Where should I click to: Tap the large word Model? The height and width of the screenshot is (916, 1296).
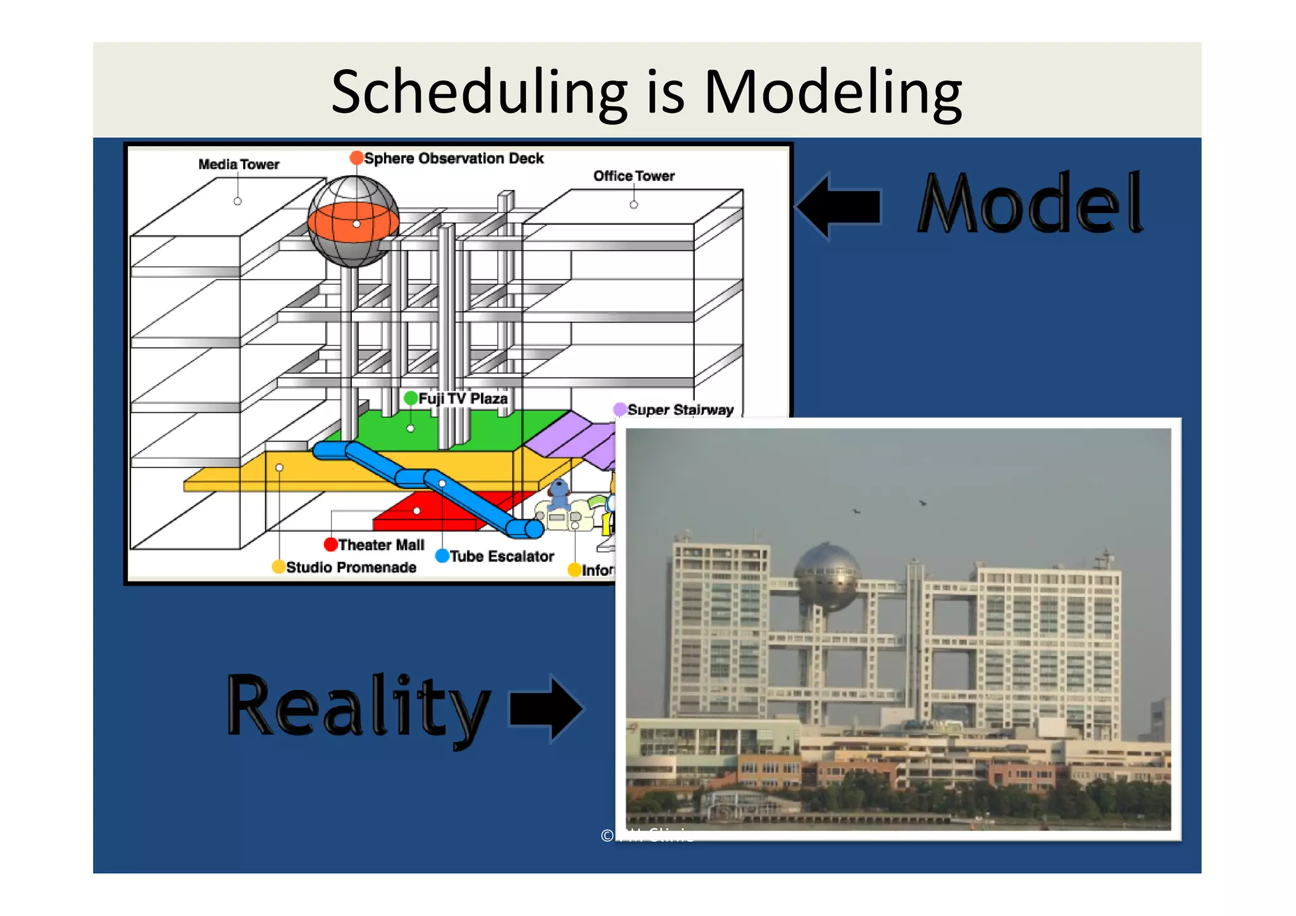1030,204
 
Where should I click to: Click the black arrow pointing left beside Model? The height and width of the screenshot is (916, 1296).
839,206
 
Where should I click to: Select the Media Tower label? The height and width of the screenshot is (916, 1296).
239,164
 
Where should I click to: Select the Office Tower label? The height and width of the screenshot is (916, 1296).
633,176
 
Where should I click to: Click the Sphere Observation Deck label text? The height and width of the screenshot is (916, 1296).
454,158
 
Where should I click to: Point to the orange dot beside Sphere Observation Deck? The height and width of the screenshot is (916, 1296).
356,158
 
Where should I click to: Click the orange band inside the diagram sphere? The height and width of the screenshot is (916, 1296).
352,223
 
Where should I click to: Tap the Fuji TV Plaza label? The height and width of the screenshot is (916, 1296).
463,399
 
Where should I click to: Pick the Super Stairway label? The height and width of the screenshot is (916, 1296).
680,410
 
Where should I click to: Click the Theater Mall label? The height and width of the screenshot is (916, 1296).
381,545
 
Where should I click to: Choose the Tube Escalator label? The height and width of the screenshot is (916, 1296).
501,556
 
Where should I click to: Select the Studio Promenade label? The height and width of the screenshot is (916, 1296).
351,567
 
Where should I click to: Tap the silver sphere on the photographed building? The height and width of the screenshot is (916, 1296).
826,576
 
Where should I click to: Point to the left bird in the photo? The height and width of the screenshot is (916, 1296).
856,511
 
